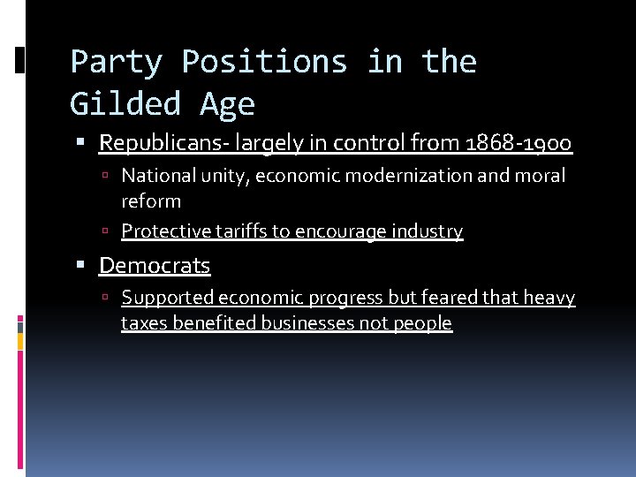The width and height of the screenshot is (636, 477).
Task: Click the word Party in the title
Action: [116, 62]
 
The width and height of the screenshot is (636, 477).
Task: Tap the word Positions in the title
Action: [264, 62]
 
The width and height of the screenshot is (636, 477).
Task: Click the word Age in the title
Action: [227, 104]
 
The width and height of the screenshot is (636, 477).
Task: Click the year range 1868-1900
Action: [521, 143]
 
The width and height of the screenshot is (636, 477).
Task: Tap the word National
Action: [158, 176]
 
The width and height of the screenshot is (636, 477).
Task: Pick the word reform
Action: [151, 201]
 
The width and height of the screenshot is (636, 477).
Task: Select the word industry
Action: [428, 231]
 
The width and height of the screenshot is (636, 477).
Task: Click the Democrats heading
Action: [155, 265]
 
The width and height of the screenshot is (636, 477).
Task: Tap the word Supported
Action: [167, 298]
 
